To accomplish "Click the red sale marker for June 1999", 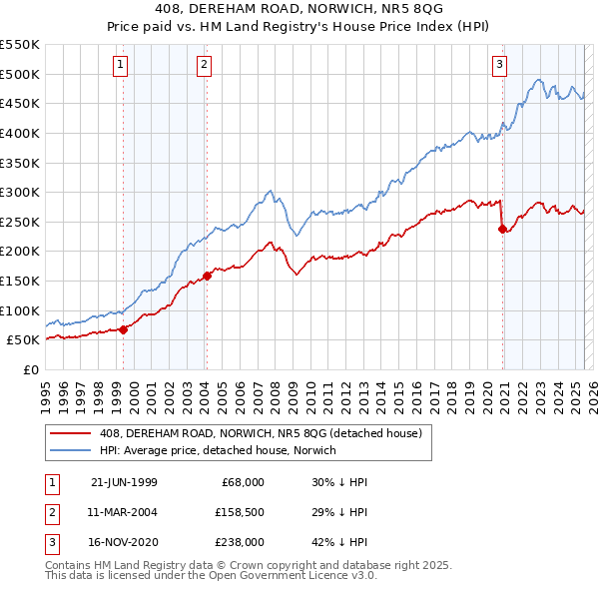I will pos(123,328).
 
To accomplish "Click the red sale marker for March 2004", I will pos(207,276).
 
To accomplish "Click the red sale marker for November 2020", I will pos(502,229).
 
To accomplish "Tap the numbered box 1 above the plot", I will pos(120,66).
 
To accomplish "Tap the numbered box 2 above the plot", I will pos(203,66).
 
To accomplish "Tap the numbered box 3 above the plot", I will pos(499,66).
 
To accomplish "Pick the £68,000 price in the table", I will pos(242,482).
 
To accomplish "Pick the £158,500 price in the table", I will pos(239,512).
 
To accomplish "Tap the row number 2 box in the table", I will pos(50,512).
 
